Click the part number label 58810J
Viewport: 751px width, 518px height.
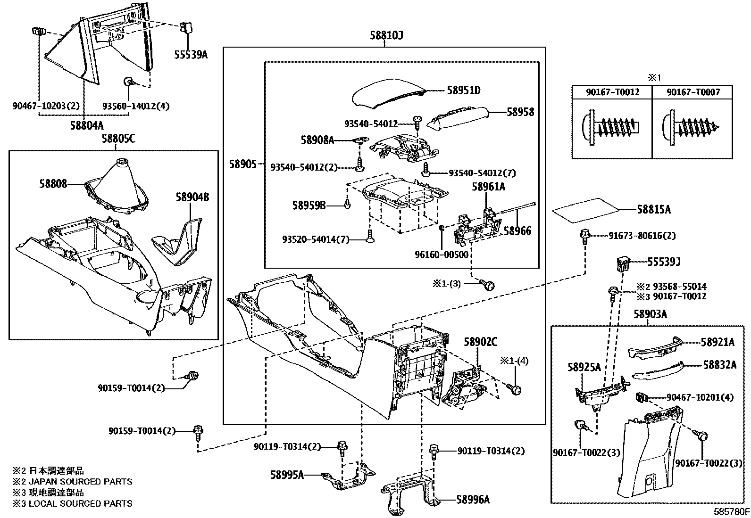coord(385,36)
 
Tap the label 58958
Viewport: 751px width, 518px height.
coord(520,112)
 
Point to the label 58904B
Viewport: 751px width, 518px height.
coord(192,197)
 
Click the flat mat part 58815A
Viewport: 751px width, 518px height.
coord(585,209)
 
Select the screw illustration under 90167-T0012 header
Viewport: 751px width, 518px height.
coord(612,126)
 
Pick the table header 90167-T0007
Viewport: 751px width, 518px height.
coord(693,92)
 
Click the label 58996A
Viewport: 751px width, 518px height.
coord(473,500)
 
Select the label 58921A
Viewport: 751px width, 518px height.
coord(717,343)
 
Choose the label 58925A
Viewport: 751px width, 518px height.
coord(584,368)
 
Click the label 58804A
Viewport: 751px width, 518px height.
coord(87,125)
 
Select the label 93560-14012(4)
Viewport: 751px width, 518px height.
coord(136,107)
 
